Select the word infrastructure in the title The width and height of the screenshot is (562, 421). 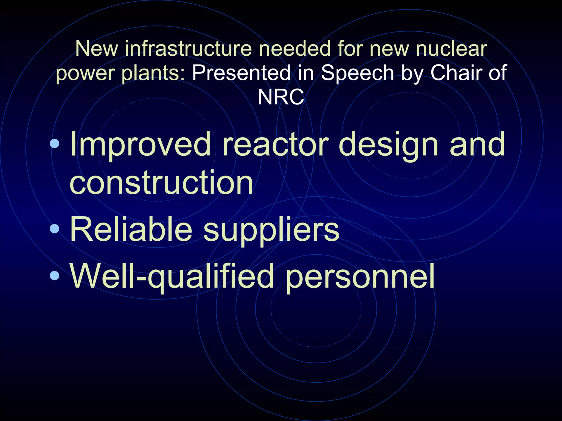188,49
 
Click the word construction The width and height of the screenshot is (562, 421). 161,182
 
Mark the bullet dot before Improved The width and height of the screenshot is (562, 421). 55,143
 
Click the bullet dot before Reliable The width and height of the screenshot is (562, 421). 55,229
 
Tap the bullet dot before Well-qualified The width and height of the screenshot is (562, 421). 55,276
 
